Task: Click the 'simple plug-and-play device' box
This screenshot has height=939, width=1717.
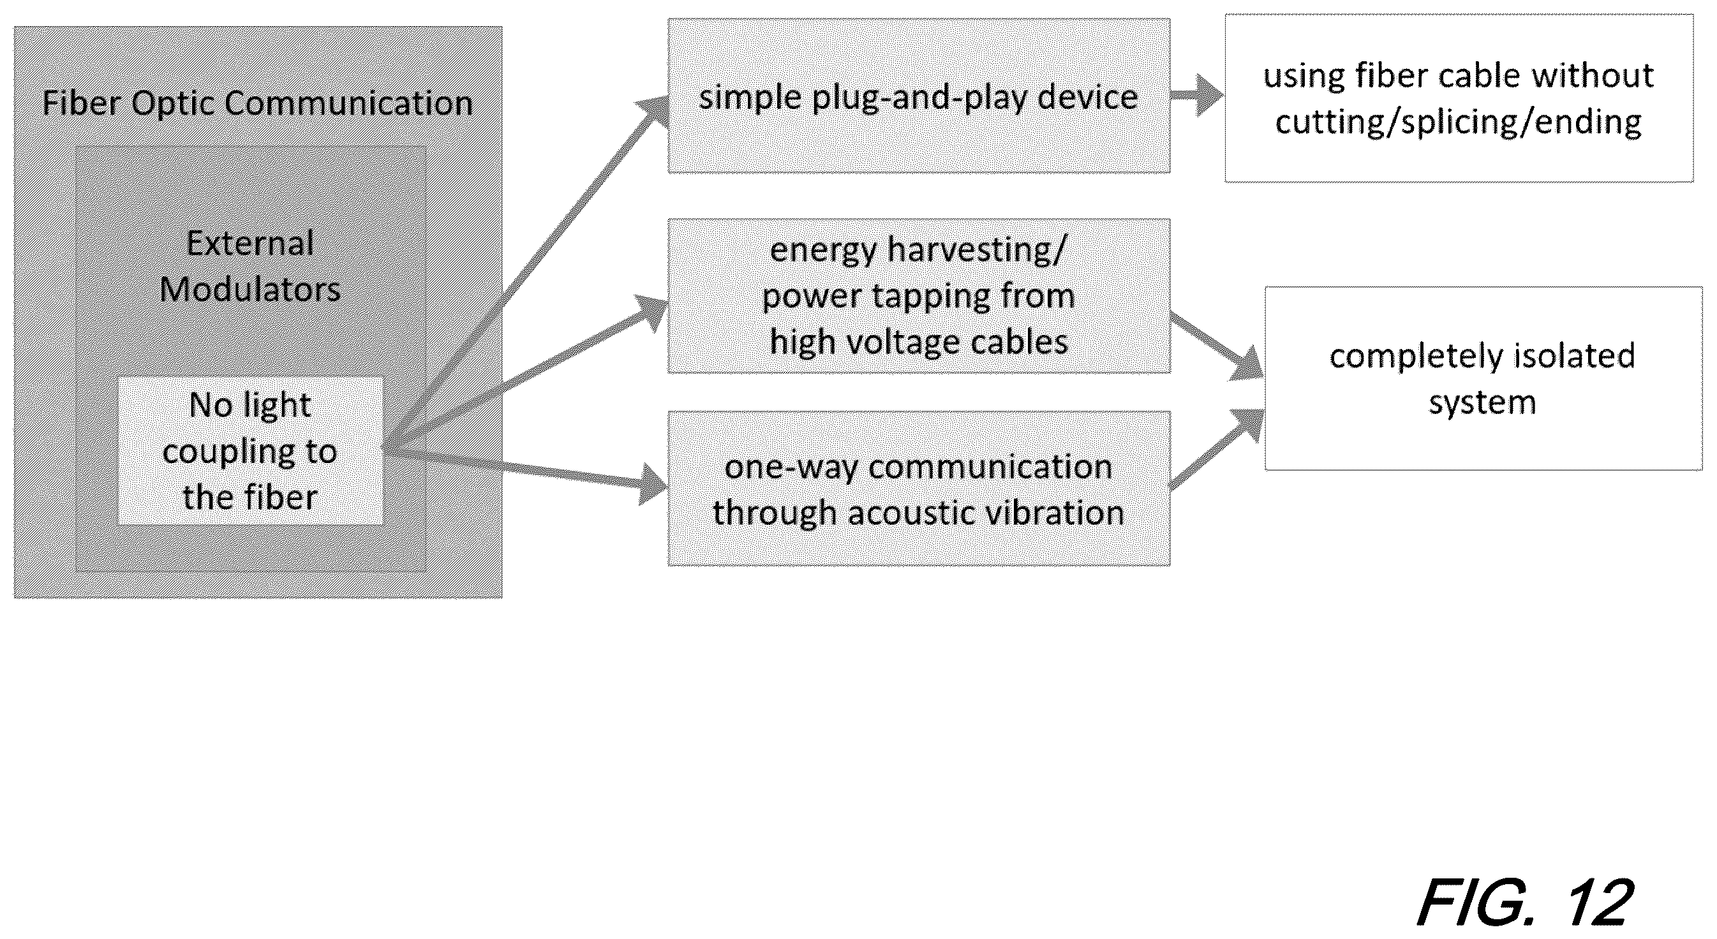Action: (x=919, y=96)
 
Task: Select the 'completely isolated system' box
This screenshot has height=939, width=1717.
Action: (x=1483, y=378)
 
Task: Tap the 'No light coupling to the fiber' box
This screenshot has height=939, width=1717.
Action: (x=250, y=451)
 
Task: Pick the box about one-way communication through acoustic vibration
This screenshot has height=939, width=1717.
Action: (x=919, y=489)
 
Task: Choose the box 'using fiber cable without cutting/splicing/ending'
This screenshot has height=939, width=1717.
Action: (x=1459, y=98)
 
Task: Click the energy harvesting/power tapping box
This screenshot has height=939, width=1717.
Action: (x=919, y=296)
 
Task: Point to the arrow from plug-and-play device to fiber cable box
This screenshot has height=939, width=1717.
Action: (x=1197, y=95)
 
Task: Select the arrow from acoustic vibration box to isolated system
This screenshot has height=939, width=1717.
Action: (x=1217, y=449)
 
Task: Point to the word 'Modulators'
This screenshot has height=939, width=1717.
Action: (x=250, y=290)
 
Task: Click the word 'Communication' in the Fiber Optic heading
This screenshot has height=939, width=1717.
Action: (x=348, y=103)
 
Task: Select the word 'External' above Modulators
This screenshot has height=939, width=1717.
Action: (x=250, y=243)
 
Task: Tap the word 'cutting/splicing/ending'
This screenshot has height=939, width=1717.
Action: (x=1459, y=122)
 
